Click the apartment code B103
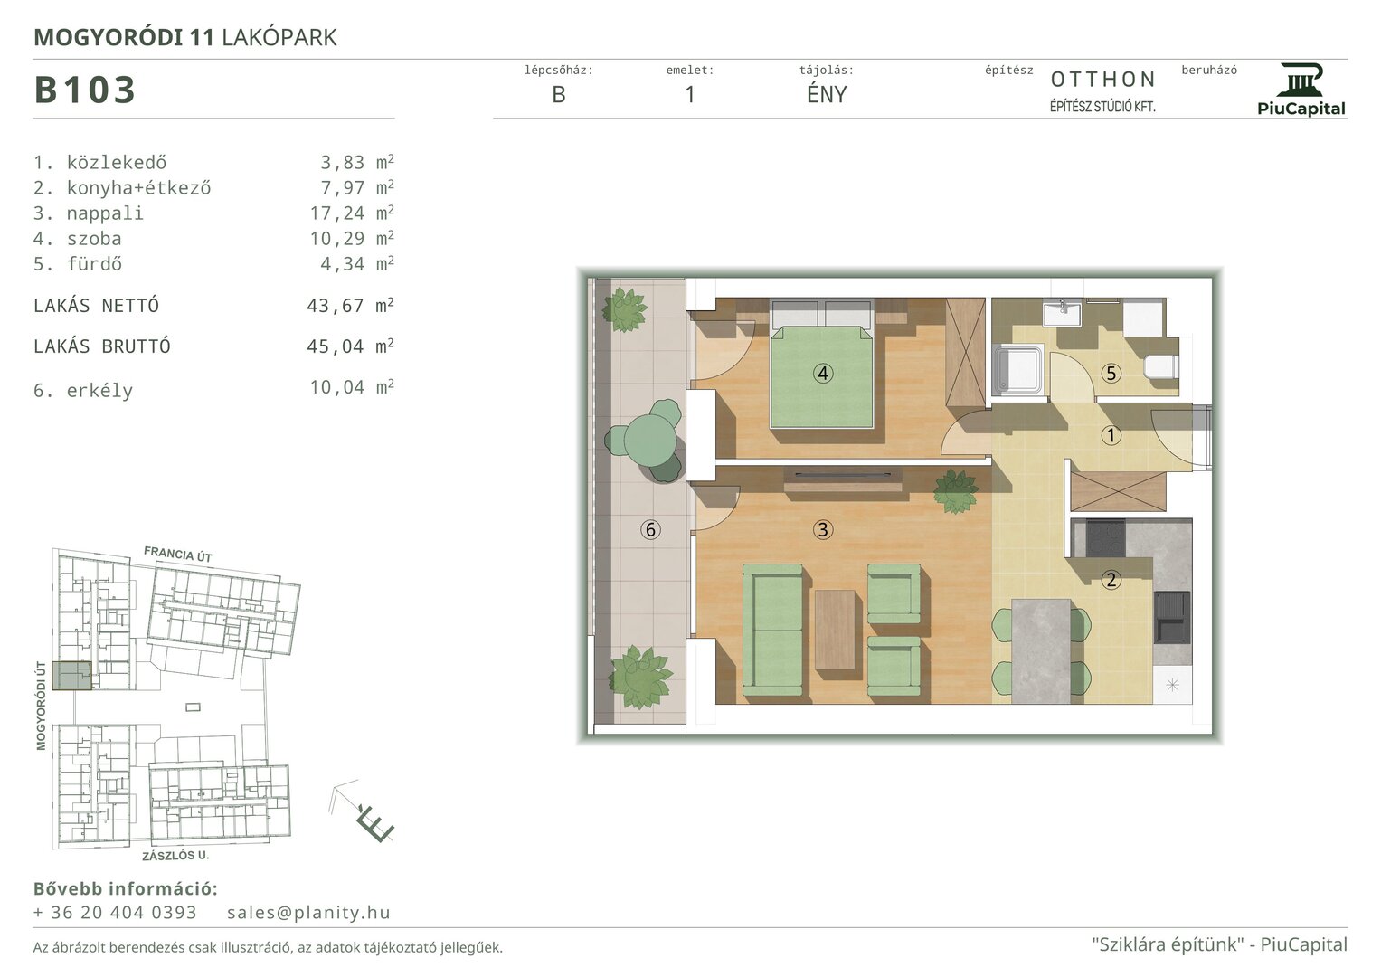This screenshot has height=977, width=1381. pyautogui.click(x=84, y=90)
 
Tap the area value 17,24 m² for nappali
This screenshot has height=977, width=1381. pyautogui.click(x=352, y=213)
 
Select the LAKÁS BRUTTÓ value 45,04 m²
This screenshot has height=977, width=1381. pyautogui.click(x=350, y=346)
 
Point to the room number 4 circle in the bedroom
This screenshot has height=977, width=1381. pyautogui.click(x=823, y=373)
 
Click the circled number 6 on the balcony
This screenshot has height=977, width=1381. pyautogui.click(x=650, y=529)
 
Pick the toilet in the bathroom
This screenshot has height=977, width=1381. pyautogui.click(x=1160, y=366)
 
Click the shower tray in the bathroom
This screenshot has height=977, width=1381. pyautogui.click(x=1017, y=369)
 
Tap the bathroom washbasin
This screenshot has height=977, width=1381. pyautogui.click(x=1062, y=313)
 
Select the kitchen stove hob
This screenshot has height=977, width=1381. pyautogui.click(x=1105, y=538)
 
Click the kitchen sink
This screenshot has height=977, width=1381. pyautogui.click(x=1171, y=617)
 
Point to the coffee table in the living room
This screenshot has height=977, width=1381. pyautogui.click(x=836, y=630)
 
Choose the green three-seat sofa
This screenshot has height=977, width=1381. pyautogui.click(x=773, y=630)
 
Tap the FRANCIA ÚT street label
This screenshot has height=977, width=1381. pyautogui.click(x=178, y=554)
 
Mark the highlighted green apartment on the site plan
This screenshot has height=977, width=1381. pyautogui.click(x=71, y=675)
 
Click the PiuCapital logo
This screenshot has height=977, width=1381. pyautogui.click(x=1301, y=90)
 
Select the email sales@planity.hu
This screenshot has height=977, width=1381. pyautogui.click(x=308, y=912)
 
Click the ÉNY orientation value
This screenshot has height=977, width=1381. pyautogui.click(x=827, y=94)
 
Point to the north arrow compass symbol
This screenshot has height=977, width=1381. pyautogui.click(x=362, y=811)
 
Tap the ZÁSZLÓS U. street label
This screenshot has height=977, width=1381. pyautogui.click(x=175, y=856)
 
